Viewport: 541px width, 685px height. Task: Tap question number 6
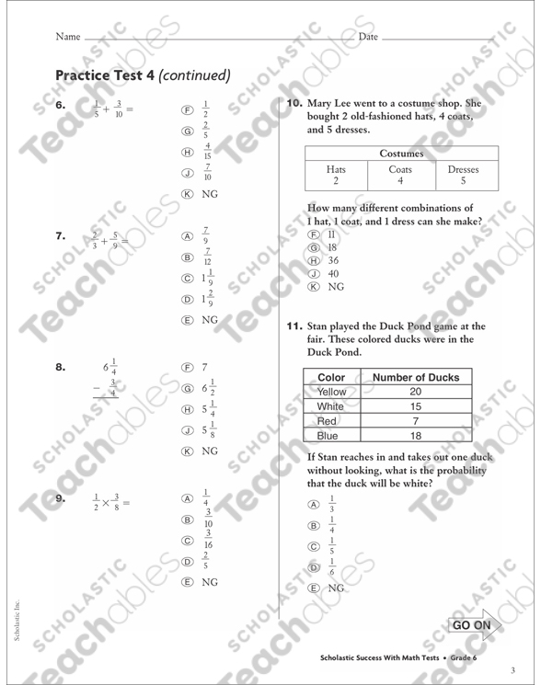(x=61, y=106)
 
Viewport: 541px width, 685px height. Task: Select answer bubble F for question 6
(x=188, y=109)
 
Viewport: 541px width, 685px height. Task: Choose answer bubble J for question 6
(x=188, y=172)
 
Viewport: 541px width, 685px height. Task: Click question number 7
(x=61, y=236)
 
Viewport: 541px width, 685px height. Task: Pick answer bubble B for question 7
(x=188, y=257)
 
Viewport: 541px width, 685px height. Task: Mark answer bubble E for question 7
(x=188, y=320)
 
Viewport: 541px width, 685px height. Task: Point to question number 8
(x=61, y=367)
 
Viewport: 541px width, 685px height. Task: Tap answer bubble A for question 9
(x=188, y=498)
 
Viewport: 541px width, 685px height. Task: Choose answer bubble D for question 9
(x=188, y=561)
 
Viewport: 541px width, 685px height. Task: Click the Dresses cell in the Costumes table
(x=463, y=170)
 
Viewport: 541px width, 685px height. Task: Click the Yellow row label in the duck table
(x=332, y=392)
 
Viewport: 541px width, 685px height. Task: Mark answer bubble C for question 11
(x=314, y=546)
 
